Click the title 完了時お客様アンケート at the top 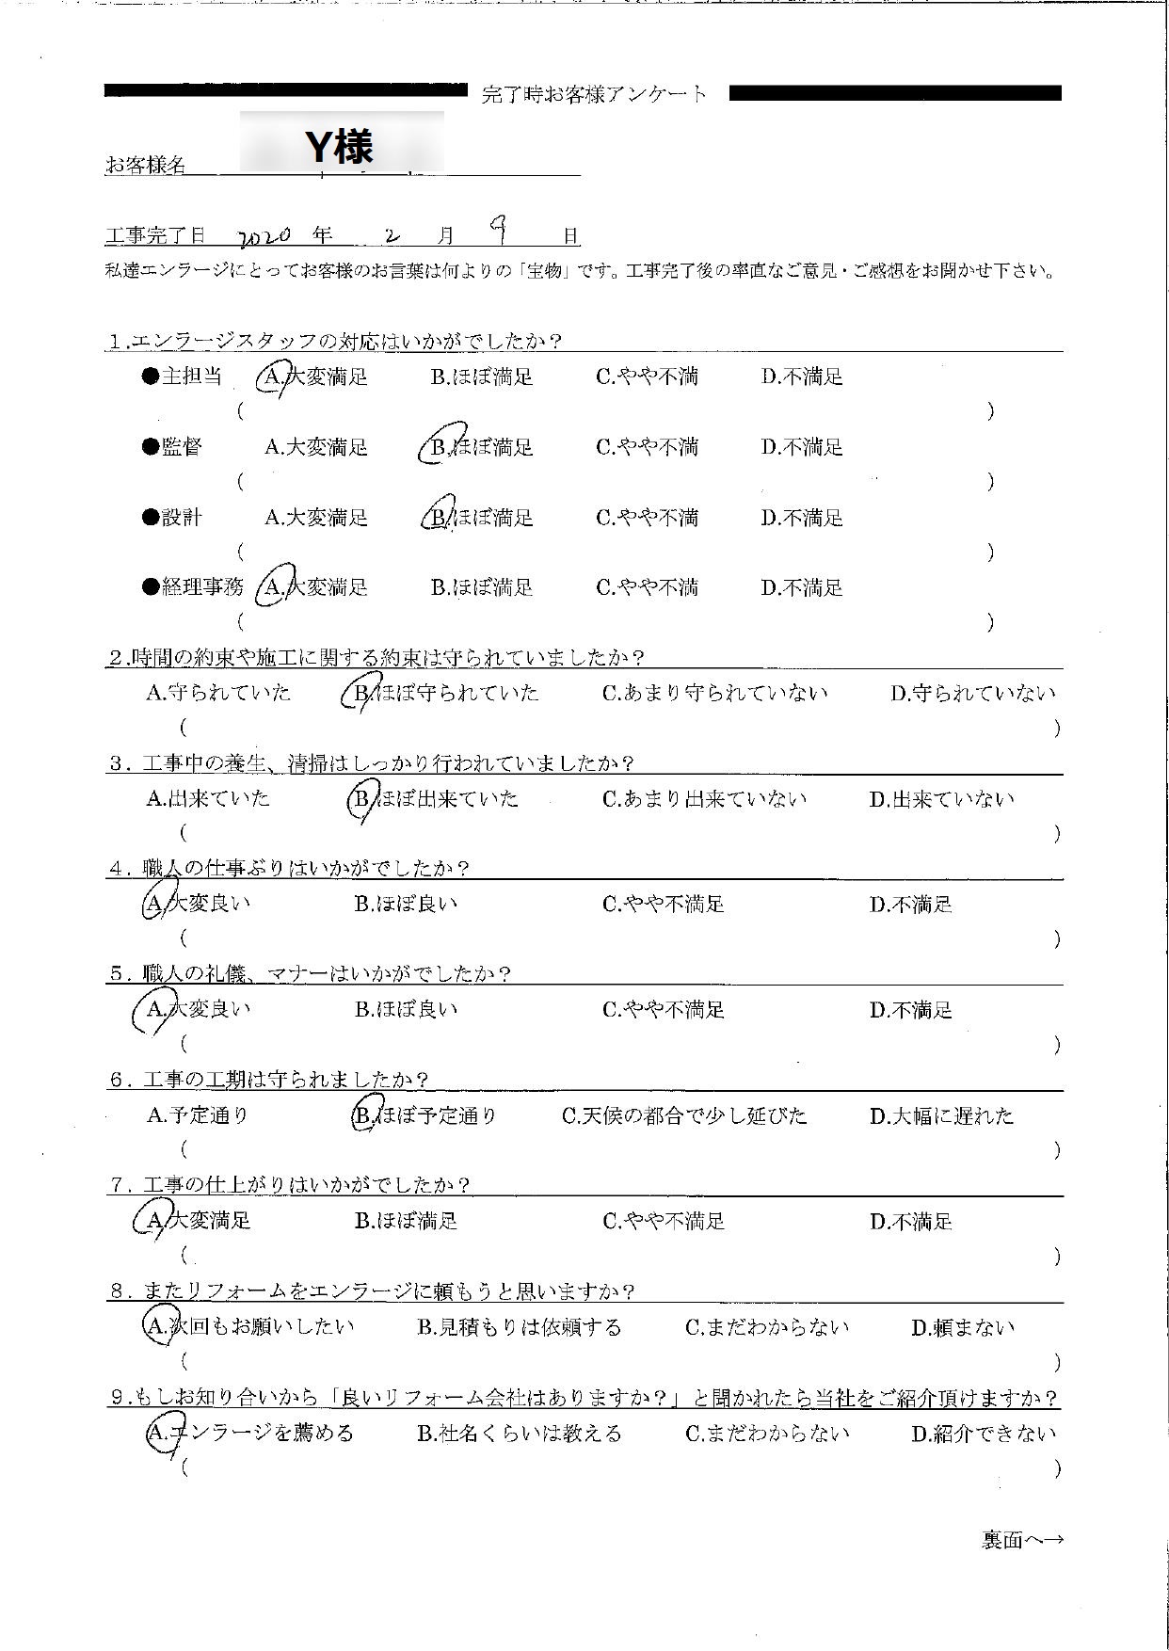[594, 94]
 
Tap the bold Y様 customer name [340, 146]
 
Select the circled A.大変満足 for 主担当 [314, 377]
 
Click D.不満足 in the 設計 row [802, 518]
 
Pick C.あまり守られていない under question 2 [714, 694]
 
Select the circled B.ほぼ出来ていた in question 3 [436, 799]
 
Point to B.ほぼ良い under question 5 [406, 1010]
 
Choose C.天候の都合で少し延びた [684, 1116]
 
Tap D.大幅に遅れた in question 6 [941, 1116]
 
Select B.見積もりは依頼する [520, 1328]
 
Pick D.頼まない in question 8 [963, 1328]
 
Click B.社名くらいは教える [520, 1435]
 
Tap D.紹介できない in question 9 [984, 1435]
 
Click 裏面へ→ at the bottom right [1022, 1541]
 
